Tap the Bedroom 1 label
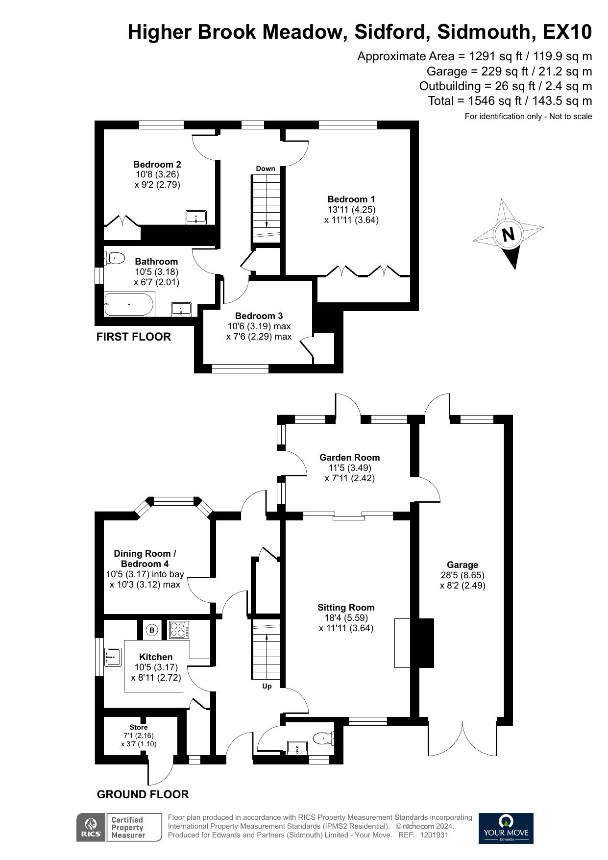coord(351,199)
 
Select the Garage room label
coord(462,565)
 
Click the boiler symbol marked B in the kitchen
coord(152,630)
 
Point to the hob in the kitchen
coord(178,630)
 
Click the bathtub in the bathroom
coord(129,305)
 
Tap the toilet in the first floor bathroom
coord(114,258)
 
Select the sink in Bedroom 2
coord(196,217)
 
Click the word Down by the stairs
coord(266,169)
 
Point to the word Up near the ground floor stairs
coord(267,686)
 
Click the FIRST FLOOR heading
coord(134,337)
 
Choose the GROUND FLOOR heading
coord(143,794)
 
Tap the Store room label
coord(139,727)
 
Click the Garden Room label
coord(350,458)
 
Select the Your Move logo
coord(506,828)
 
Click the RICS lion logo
coord(91,828)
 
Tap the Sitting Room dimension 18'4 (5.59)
coord(346,618)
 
